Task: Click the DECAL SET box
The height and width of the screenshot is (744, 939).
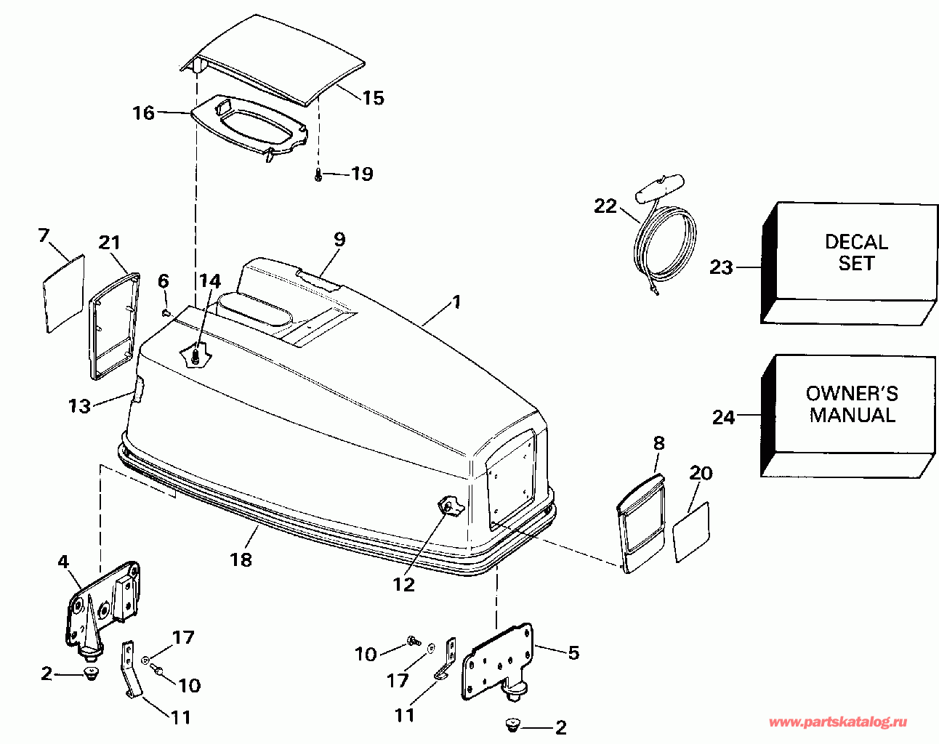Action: [x=849, y=263]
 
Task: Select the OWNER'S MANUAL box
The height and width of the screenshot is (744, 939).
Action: [x=849, y=416]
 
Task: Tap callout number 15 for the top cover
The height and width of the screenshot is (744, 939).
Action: [x=374, y=98]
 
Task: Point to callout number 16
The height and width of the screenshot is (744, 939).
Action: [x=144, y=113]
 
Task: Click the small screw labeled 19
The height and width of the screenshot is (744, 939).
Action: [x=318, y=174]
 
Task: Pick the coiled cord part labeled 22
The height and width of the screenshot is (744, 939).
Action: [x=664, y=235]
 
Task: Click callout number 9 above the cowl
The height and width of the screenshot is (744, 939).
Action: [x=339, y=239]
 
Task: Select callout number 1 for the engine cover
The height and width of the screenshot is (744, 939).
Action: [x=456, y=302]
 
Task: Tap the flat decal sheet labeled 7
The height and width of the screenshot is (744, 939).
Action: [x=64, y=294]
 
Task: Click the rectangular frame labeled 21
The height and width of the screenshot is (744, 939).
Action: [x=114, y=325]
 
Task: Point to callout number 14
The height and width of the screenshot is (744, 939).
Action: [x=210, y=281]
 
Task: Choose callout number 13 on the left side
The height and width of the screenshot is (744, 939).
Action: [x=80, y=406]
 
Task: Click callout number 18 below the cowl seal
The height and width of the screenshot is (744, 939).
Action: [x=241, y=559]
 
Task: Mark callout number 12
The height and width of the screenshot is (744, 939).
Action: [x=403, y=585]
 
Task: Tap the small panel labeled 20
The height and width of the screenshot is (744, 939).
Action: [x=691, y=532]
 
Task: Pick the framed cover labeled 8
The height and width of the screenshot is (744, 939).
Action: [x=641, y=524]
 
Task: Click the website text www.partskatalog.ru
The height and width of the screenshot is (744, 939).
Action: [x=838, y=723]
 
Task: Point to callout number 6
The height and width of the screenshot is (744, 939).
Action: [x=164, y=281]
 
